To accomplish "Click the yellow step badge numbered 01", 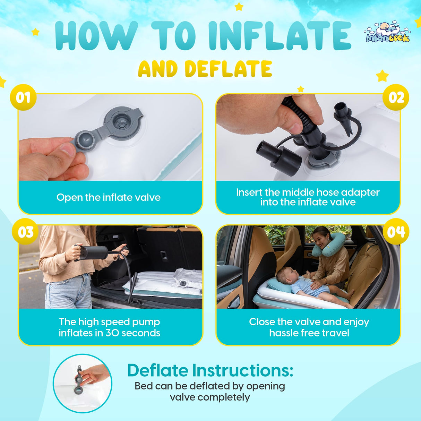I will (x=23, y=97).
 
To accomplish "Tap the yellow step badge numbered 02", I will (x=396, y=97).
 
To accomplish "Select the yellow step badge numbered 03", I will (x=25, y=232).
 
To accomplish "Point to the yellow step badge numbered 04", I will (x=396, y=232).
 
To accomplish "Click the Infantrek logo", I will (x=387, y=33).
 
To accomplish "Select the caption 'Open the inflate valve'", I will (x=109, y=197).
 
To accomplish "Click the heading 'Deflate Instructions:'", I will (x=210, y=370).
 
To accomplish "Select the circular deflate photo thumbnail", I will (x=83, y=383).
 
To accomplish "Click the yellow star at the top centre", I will (x=239, y=7).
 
